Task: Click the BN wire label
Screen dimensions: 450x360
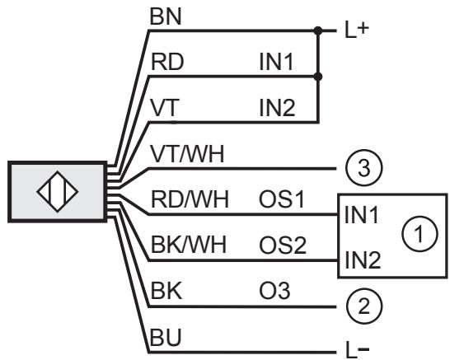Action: click(166, 16)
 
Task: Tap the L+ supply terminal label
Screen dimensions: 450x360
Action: click(356, 30)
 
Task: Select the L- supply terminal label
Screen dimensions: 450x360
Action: click(357, 350)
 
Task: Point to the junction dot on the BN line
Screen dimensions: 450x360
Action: click(318, 30)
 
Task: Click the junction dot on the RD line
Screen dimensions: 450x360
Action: click(318, 77)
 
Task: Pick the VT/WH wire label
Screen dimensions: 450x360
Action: click(187, 154)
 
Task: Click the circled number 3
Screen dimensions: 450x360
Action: click(364, 168)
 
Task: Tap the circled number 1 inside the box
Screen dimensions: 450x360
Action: click(420, 234)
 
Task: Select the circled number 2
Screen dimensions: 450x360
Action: click(364, 306)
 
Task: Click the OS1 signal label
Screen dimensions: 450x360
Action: click(282, 199)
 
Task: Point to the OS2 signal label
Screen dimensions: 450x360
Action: click(283, 245)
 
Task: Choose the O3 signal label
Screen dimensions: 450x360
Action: click(274, 291)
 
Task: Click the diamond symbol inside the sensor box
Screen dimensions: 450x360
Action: click(58, 192)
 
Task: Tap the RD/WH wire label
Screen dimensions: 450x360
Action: click(190, 199)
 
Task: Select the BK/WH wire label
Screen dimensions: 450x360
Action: click(189, 245)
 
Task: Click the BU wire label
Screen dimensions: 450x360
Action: click(166, 337)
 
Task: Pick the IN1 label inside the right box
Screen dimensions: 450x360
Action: click(362, 215)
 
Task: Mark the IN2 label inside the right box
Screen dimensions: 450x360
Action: click(363, 259)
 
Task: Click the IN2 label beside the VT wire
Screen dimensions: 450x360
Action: click(277, 108)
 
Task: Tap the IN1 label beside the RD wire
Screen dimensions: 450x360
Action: click(276, 62)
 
